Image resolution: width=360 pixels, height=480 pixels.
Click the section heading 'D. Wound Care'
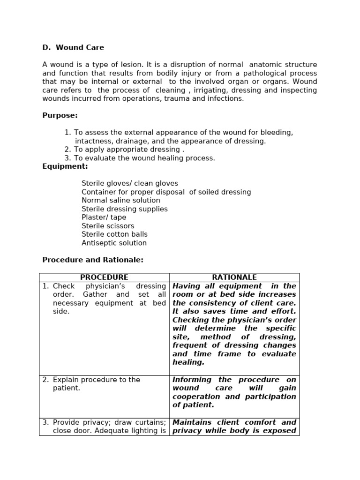[73, 47]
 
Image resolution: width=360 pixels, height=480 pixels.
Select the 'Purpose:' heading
[60, 115]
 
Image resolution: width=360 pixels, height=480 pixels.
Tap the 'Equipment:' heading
[65, 166]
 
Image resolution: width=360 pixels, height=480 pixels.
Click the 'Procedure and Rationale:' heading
[93, 260]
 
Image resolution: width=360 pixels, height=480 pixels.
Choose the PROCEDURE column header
[104, 277]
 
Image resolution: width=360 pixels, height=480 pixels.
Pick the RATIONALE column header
[234, 277]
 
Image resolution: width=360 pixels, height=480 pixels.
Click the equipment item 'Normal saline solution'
[121, 201]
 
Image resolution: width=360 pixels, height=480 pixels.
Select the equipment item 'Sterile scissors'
[108, 226]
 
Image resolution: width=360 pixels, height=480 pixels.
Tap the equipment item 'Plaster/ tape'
[104, 217]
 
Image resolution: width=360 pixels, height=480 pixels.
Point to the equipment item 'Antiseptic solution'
[114, 243]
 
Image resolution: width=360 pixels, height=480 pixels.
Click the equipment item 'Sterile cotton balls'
[114, 234]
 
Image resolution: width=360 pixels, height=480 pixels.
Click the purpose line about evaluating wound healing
[144, 158]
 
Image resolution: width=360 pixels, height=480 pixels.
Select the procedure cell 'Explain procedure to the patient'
[96, 384]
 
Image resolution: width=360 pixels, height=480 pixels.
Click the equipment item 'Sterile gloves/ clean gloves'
[130, 183]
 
